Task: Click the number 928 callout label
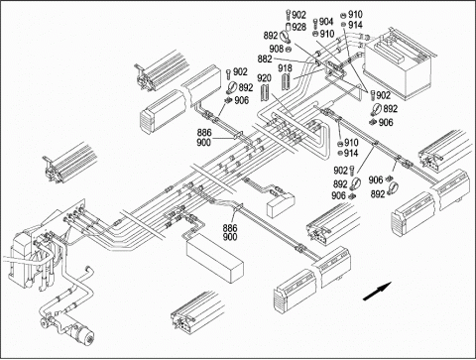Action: coord(299,27)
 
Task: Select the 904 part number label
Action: coord(326,22)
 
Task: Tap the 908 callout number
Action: coord(277,49)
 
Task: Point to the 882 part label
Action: coord(265,60)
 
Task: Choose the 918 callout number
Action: coord(285,68)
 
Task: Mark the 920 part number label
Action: coord(264,78)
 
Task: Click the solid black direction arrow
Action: coord(377,292)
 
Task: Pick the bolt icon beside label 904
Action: coord(315,23)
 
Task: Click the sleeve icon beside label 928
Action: coord(288,27)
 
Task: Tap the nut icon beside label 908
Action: coord(288,50)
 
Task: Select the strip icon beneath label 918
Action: coord(286,82)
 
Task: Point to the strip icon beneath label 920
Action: coord(265,93)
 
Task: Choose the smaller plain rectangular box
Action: coord(281,205)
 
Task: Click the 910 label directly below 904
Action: coord(327,34)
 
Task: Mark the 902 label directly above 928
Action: coord(299,15)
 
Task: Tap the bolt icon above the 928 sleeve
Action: coord(288,16)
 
